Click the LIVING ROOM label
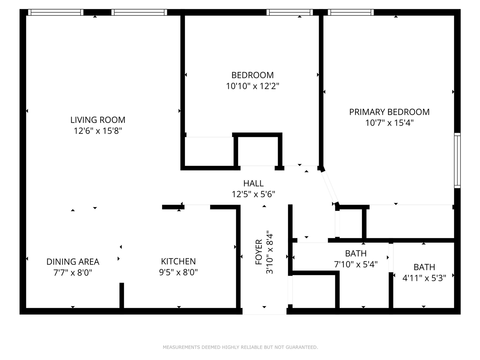[98, 120]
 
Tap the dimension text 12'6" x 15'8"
[98, 131]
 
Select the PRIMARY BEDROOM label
[389, 112]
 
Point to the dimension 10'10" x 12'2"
[253, 86]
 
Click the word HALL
[253, 183]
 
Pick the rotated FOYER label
[259, 252]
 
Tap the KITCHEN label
[178, 261]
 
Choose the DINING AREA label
[73, 262]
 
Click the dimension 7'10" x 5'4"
[356, 264]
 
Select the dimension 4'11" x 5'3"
[424, 278]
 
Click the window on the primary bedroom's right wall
[457, 160]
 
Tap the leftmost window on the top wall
[56, 12]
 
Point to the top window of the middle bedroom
[289, 12]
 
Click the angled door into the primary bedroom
[330, 187]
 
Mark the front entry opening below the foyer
[264, 312]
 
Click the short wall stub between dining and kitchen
[122, 295]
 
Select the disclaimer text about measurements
[240, 347]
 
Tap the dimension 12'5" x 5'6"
[253, 194]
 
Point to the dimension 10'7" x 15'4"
[390, 123]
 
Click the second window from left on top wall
[139, 12]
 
